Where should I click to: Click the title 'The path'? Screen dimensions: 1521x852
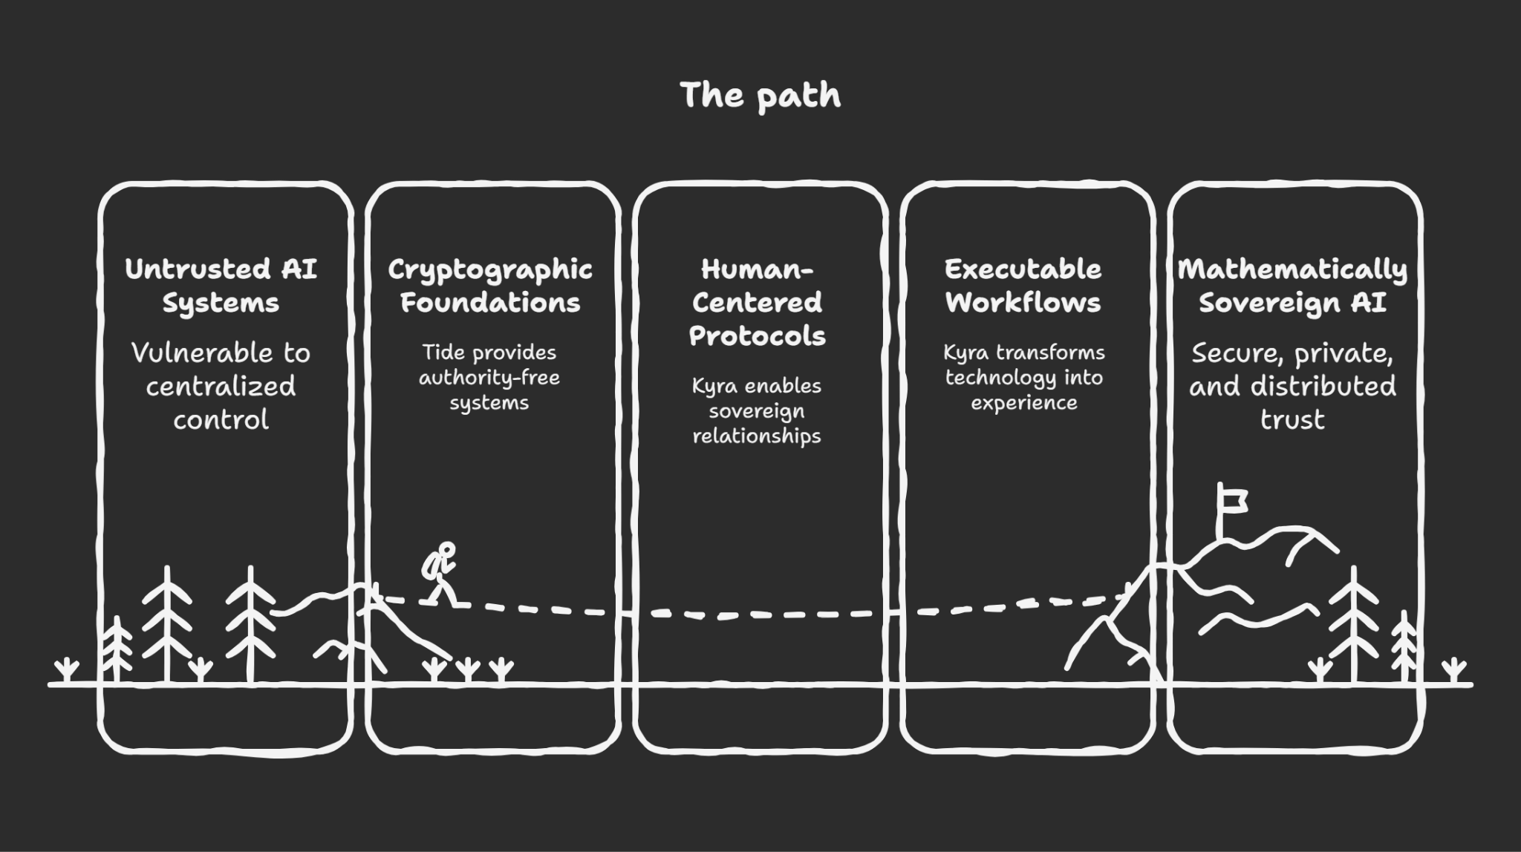tap(760, 96)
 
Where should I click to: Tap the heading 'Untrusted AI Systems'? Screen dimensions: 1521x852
tap(221, 286)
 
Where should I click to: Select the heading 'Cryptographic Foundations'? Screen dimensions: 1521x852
tap(489, 286)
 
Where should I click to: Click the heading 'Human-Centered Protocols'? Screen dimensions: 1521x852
tap(757, 302)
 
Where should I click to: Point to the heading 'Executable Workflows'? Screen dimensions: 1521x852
tap(1023, 286)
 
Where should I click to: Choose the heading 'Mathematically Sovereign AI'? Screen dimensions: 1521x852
tap(1292, 286)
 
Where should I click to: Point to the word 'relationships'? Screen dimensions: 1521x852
tap(757, 436)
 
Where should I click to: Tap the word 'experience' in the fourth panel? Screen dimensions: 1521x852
tap(1023, 403)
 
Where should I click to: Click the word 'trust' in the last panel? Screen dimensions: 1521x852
tap(1292, 420)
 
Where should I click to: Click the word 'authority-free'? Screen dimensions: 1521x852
tap(489, 378)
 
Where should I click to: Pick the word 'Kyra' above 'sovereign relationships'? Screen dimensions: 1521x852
tap(714, 386)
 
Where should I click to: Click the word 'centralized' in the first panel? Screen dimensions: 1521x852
tap(221, 386)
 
